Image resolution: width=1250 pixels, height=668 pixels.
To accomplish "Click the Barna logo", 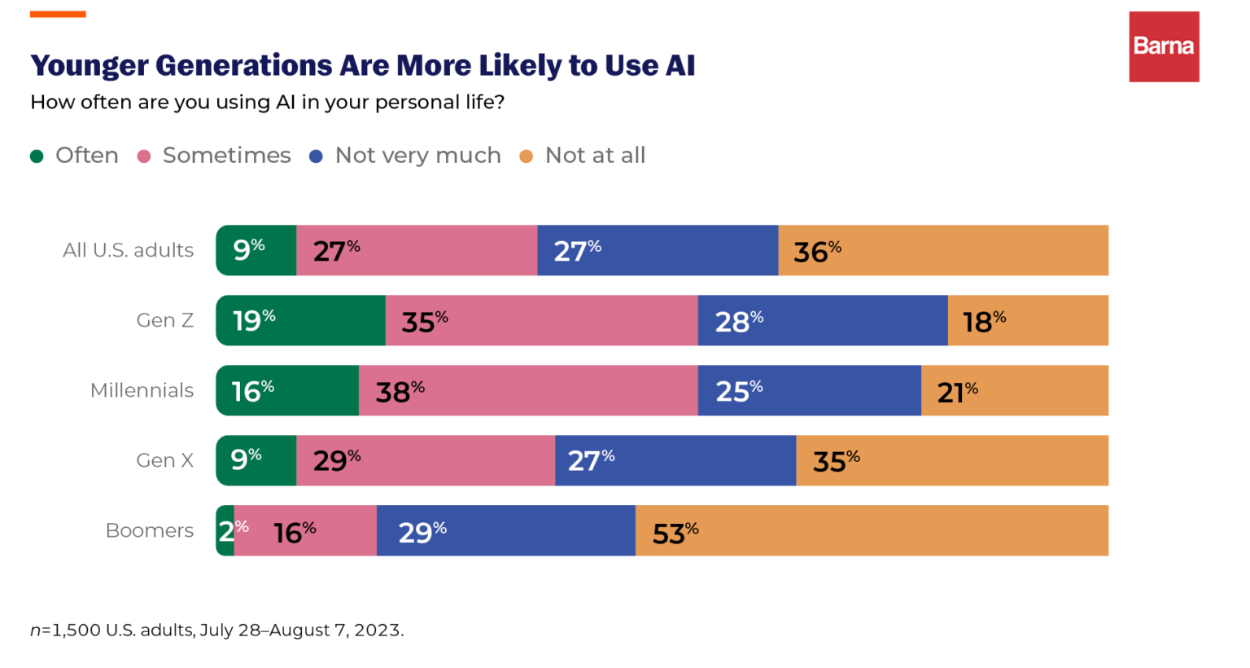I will coord(1164,46).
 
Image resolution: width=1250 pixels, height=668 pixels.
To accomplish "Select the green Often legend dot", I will coord(37,156).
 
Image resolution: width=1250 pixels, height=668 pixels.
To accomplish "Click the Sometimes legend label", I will coord(226,156).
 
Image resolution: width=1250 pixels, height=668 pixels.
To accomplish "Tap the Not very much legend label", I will coord(417,156).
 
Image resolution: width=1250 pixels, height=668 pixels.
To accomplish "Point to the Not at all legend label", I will coord(595,156).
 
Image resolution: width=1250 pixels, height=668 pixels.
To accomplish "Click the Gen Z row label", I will coord(164,320).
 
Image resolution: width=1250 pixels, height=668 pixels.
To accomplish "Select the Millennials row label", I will coord(142,390).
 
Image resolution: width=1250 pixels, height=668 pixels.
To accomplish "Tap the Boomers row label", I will coord(150,530).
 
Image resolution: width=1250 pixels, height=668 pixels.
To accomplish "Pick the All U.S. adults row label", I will coord(128,250).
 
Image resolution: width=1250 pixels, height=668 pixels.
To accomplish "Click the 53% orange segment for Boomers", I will coord(871,530).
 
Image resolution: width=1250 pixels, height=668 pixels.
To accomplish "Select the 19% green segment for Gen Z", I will coord(300,320).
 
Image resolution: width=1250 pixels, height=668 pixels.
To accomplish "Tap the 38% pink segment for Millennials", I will coord(528,390).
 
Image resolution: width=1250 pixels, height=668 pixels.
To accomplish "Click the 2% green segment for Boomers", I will coord(225,530).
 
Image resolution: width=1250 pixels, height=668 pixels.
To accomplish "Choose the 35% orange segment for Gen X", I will coord(952,460).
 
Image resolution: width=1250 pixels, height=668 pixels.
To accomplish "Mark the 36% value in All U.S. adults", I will coord(817,251).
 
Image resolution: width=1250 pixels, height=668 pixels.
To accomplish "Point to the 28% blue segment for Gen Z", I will coord(823,320).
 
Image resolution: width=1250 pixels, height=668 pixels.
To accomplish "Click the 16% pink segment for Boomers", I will coord(305,530).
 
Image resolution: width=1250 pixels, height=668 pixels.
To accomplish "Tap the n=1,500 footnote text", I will coord(216,630).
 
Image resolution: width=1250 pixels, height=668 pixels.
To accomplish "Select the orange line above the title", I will coord(58,14).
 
